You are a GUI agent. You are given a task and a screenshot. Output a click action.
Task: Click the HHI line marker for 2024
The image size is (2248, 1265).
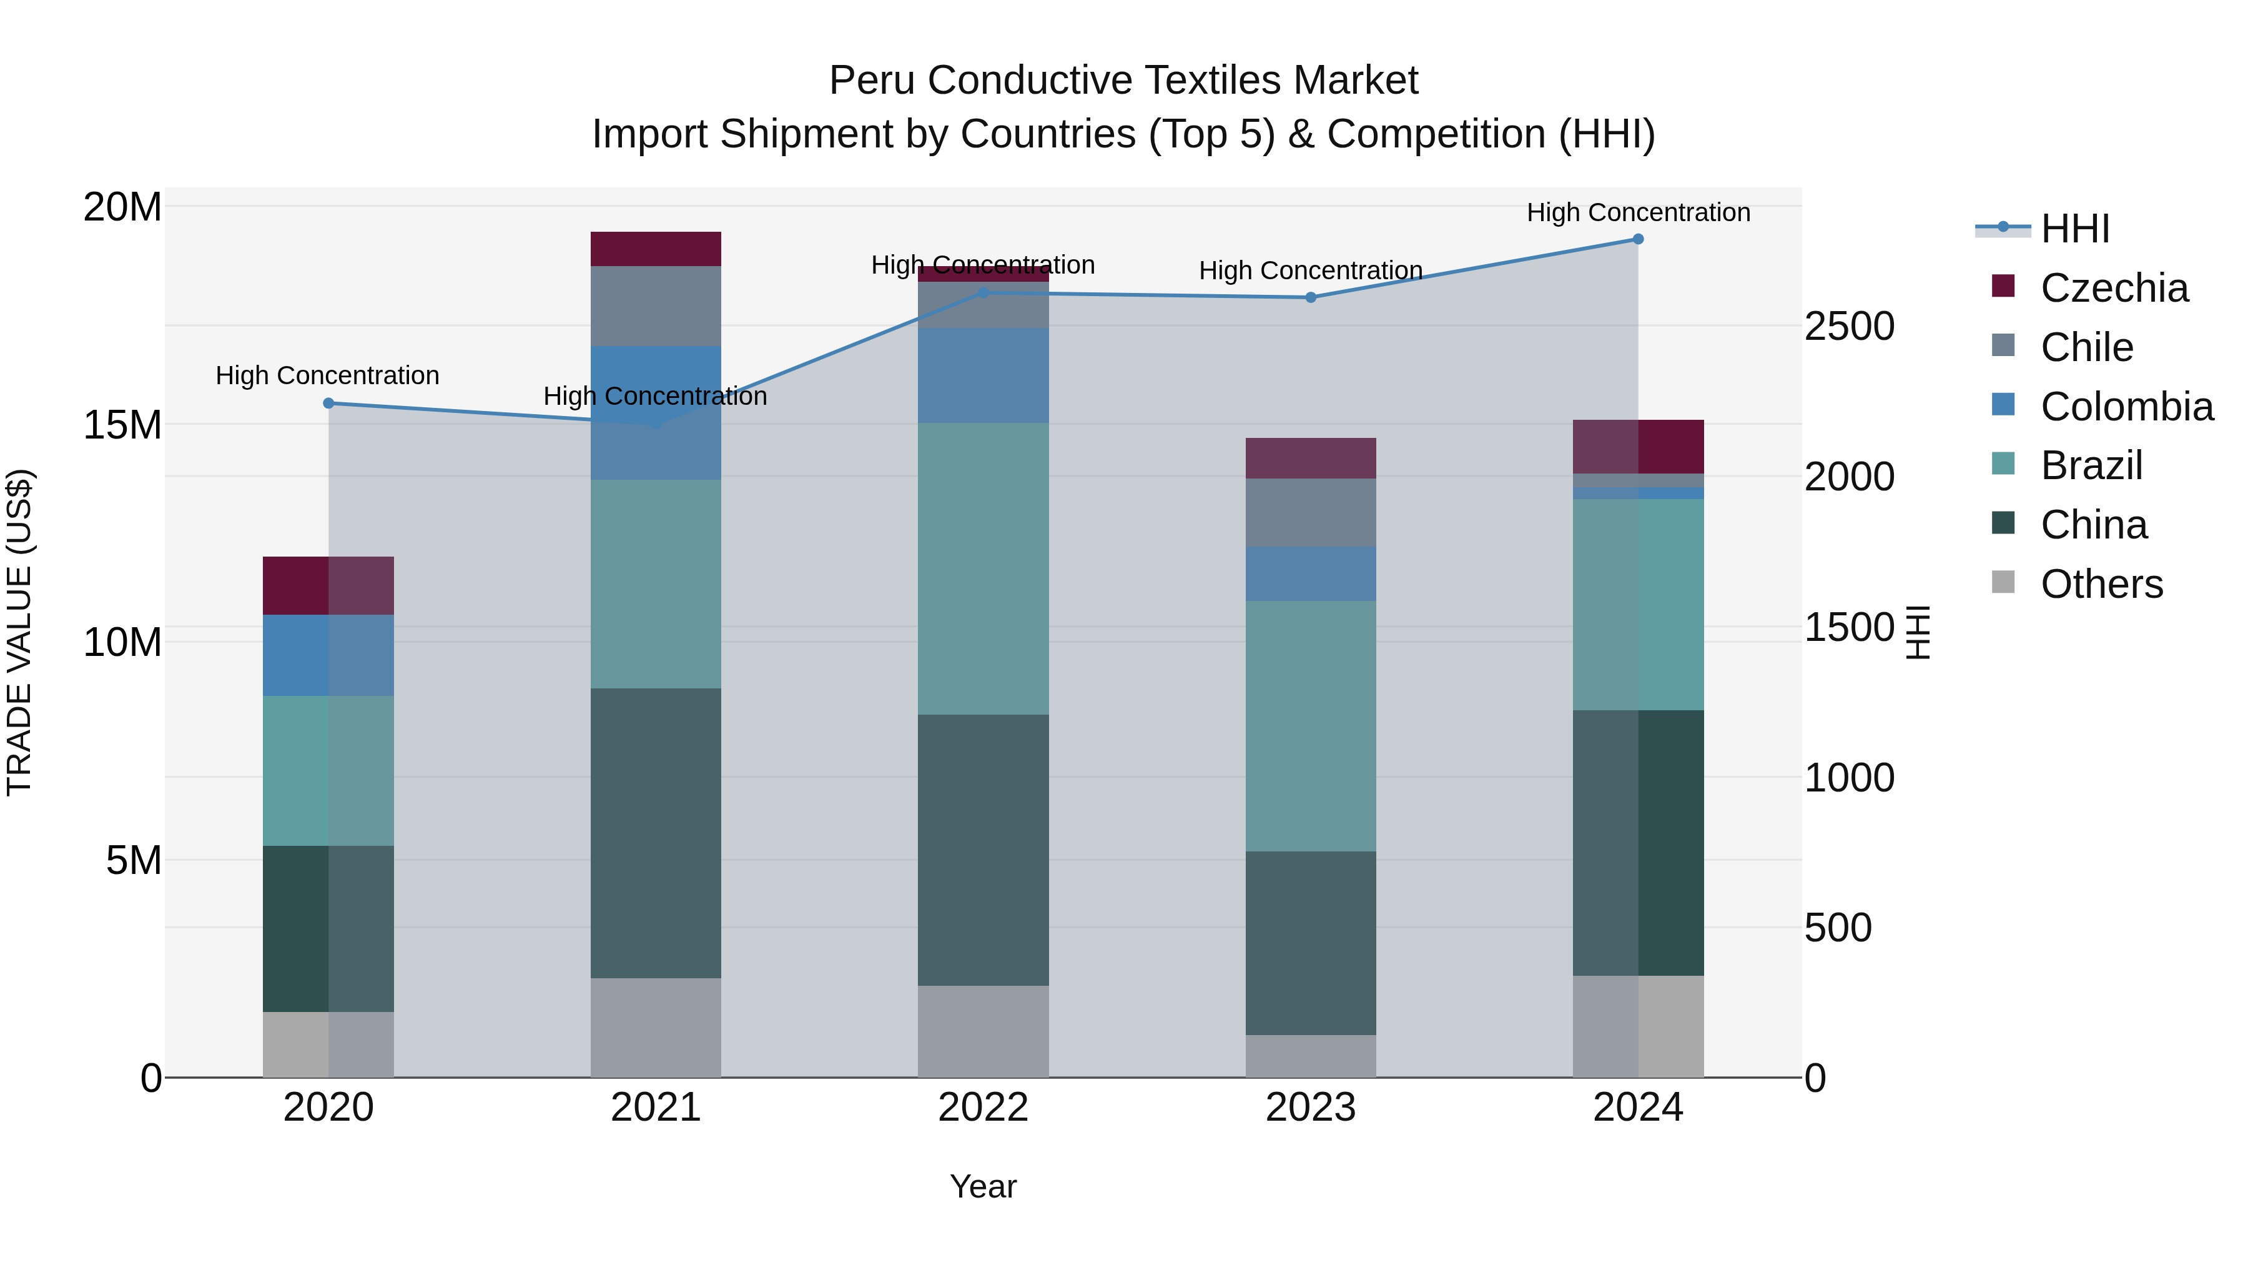click(1638, 239)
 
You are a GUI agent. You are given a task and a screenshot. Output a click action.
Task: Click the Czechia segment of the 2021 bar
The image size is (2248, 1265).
click(656, 249)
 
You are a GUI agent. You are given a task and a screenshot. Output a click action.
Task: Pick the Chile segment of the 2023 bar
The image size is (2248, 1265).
click(1310, 512)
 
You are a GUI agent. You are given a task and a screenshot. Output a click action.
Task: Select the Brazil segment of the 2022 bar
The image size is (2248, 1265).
click(983, 569)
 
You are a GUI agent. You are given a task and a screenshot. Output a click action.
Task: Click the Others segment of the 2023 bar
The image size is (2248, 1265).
click(1310, 1056)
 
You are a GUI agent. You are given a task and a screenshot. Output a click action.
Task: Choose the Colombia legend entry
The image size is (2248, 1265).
click(2126, 407)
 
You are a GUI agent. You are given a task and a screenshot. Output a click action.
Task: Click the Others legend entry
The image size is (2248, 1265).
click(2101, 584)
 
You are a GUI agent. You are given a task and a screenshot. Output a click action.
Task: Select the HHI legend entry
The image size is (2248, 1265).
click(2074, 229)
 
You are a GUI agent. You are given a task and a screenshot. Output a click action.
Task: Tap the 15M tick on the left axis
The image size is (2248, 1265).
click(122, 425)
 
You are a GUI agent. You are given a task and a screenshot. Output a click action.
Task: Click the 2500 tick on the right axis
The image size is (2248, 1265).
click(1848, 327)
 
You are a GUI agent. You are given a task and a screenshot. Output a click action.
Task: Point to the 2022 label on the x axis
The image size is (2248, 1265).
click(983, 1108)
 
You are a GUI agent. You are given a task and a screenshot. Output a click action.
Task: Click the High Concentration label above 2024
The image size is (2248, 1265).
click(1638, 212)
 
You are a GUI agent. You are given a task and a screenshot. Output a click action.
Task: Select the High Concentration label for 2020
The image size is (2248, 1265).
click(327, 375)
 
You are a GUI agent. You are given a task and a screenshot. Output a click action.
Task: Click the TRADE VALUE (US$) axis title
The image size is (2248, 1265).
click(19, 632)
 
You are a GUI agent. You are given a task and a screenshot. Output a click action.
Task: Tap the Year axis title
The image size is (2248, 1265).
click(983, 1186)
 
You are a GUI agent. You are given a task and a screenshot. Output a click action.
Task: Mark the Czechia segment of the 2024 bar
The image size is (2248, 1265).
click(1638, 446)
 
